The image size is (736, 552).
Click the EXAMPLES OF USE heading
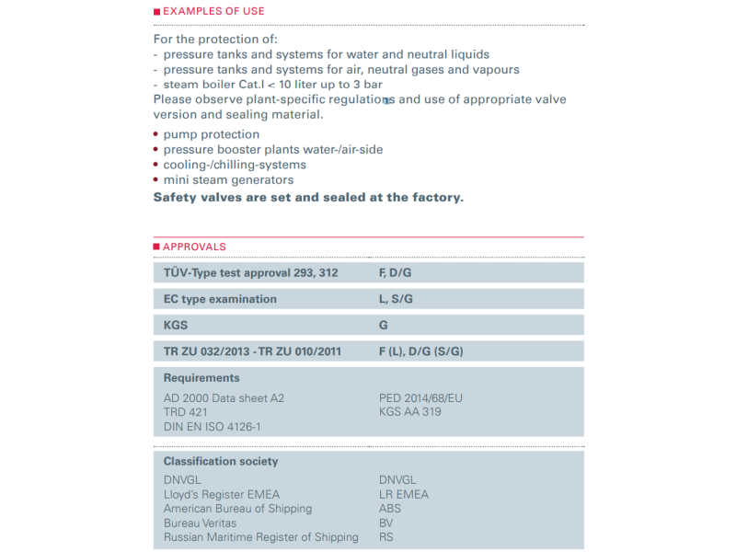coord(213,11)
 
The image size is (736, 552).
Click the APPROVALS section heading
coord(194,247)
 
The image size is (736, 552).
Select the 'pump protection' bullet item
coord(212,134)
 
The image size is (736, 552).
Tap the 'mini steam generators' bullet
coord(228,180)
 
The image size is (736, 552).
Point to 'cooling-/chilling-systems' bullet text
coord(235,165)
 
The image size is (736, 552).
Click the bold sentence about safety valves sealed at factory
coord(308,197)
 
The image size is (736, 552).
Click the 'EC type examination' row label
coord(220,299)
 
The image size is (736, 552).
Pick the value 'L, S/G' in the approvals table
coord(397,299)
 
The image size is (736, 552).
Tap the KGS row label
coord(176,325)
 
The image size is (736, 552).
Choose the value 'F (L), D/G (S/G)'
coord(421,351)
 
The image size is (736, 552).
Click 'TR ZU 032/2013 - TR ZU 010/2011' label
coord(251,351)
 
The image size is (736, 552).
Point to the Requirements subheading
coord(201,378)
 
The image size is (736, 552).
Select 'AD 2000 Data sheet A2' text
coord(224,397)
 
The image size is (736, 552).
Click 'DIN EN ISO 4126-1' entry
coord(212,427)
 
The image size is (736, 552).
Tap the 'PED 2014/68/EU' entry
coord(420,397)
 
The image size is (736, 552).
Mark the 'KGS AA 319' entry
coord(409,412)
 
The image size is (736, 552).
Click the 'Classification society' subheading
coord(221,461)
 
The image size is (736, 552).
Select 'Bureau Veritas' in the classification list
coord(200,523)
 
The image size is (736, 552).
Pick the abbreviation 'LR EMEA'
coord(404,494)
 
